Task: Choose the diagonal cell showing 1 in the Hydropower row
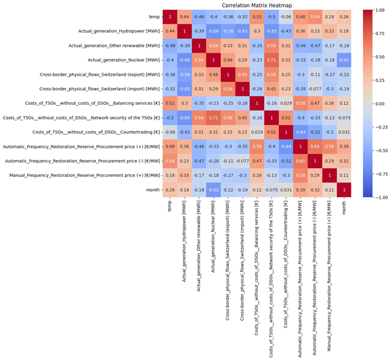(183, 31)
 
